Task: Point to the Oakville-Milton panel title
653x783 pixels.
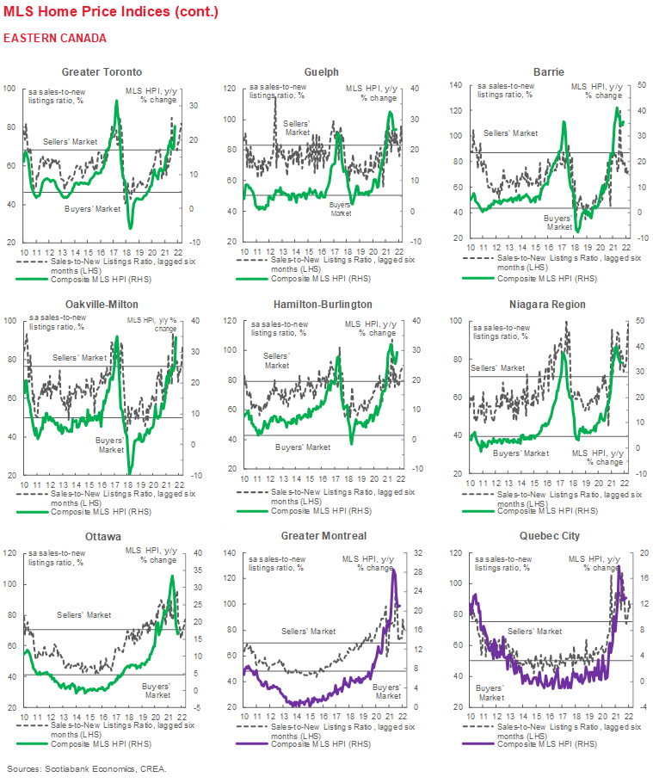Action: click(102, 304)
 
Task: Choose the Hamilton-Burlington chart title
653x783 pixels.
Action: click(322, 304)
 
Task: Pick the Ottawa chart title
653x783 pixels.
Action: click(102, 536)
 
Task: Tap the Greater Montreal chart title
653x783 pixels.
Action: click(322, 536)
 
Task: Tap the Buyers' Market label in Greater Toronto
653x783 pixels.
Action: click(93, 209)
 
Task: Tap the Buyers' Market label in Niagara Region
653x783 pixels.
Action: click(521, 453)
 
